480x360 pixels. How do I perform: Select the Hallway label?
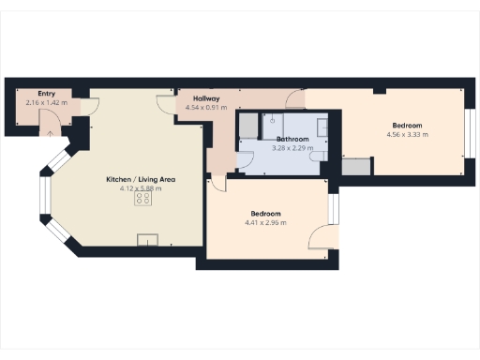206,98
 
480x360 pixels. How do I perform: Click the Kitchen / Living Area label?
141,179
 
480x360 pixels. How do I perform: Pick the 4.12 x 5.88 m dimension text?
141,188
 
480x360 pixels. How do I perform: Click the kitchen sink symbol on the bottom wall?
147,241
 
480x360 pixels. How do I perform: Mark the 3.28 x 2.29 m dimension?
291,147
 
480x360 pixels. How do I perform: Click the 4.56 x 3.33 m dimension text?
407,134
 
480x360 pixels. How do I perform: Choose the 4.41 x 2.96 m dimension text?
265,222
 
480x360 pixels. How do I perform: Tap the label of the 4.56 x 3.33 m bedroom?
407,126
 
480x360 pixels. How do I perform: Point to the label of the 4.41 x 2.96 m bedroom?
265,214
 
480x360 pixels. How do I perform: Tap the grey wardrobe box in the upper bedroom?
355,167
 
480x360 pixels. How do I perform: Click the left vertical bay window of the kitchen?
43,200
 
